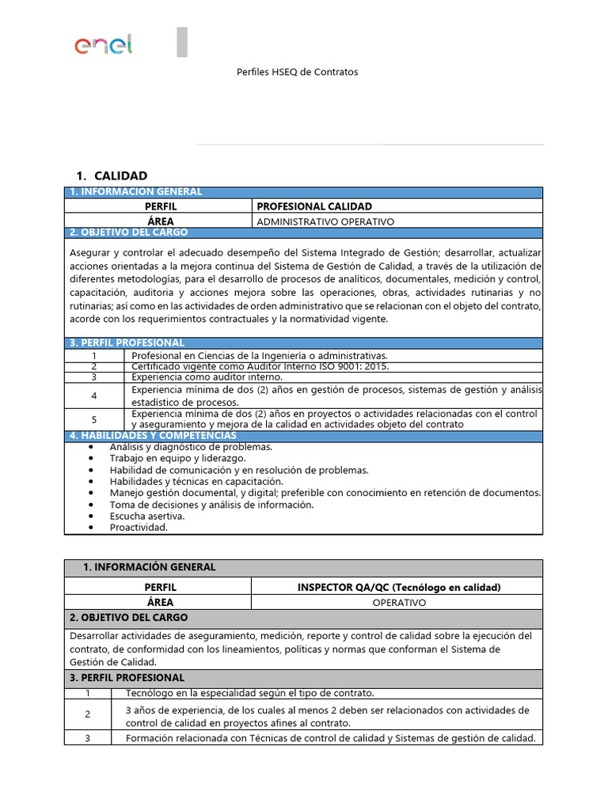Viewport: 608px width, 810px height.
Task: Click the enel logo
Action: [x=103, y=45]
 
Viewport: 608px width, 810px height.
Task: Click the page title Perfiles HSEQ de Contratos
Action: [x=298, y=72]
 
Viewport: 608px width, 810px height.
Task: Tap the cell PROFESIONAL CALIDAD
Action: [x=314, y=206]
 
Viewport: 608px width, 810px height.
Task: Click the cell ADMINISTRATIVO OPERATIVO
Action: [x=325, y=221]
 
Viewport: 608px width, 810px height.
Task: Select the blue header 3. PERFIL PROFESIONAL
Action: [x=127, y=343]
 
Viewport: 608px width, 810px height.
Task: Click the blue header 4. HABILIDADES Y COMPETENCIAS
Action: [x=153, y=436]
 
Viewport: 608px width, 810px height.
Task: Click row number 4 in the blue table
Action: [x=93, y=396]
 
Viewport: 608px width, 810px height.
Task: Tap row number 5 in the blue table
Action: [x=93, y=418]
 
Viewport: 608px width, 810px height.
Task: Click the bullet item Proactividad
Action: [x=139, y=528]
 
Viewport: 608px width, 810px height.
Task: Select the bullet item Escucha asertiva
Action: [x=147, y=516]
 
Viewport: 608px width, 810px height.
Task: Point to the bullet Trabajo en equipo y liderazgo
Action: [x=177, y=458]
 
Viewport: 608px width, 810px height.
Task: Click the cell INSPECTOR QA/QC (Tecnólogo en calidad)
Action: [x=398, y=587]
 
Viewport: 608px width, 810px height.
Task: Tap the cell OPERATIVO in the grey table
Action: [x=398, y=603]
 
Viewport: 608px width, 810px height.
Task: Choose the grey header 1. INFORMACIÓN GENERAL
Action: [x=149, y=567]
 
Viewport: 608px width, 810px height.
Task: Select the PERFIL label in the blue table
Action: [x=160, y=206]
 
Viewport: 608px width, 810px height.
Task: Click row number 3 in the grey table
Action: [x=88, y=739]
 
